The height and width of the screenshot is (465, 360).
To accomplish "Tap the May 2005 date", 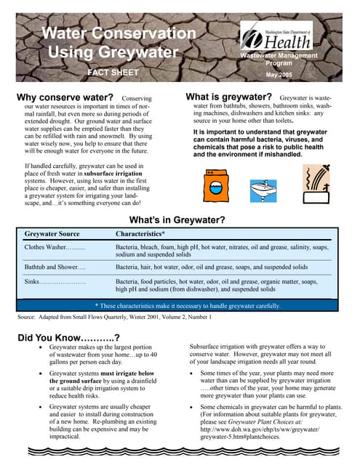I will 280,74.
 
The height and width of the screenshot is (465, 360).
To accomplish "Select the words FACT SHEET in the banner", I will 112,73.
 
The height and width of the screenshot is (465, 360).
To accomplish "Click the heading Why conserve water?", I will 64,97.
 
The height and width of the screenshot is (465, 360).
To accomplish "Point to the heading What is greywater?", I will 228,97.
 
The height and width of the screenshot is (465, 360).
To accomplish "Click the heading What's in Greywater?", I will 177,220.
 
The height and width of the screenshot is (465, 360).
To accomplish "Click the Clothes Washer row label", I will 55,248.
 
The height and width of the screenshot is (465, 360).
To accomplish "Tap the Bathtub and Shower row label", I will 55,267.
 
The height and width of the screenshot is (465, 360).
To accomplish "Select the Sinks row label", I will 55,280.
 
